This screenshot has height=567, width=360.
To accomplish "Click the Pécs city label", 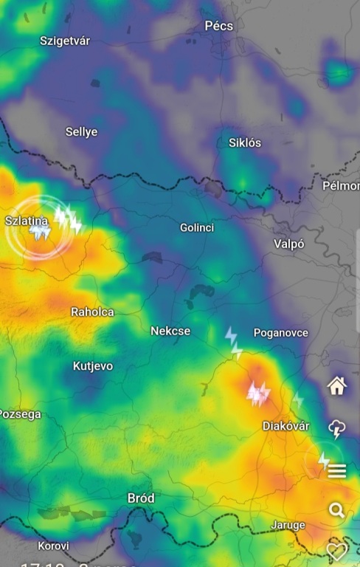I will pyautogui.click(x=218, y=26).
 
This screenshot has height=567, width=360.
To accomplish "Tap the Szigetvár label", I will pyautogui.click(x=65, y=41).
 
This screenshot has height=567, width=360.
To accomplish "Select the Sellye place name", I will pyautogui.click(x=81, y=131).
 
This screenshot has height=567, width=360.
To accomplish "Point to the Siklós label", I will pyautogui.click(x=245, y=142).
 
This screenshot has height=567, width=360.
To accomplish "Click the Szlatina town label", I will pyautogui.click(x=27, y=220).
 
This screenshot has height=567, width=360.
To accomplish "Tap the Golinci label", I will pyautogui.click(x=197, y=227).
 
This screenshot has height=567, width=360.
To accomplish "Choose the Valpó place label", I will pyautogui.click(x=289, y=244).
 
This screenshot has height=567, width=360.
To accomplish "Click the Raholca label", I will pyautogui.click(x=92, y=312).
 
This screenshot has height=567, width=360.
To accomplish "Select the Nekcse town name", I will pyautogui.click(x=170, y=331).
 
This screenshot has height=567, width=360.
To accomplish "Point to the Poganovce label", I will pyautogui.click(x=281, y=333).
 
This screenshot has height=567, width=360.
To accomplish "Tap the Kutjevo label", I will pyautogui.click(x=93, y=365).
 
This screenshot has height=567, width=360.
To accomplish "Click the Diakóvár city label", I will pyautogui.click(x=285, y=426).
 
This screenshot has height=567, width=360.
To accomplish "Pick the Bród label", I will pyautogui.click(x=141, y=498).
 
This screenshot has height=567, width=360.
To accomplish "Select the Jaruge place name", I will pyautogui.click(x=288, y=525).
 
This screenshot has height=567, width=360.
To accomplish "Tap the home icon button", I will pyautogui.click(x=337, y=385).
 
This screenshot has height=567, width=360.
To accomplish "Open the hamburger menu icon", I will pyautogui.click(x=337, y=471).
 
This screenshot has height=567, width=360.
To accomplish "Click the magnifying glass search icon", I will pyautogui.click(x=337, y=510).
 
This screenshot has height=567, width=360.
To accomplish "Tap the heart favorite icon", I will pyautogui.click(x=337, y=550).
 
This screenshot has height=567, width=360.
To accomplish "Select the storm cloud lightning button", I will pyautogui.click(x=337, y=429).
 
